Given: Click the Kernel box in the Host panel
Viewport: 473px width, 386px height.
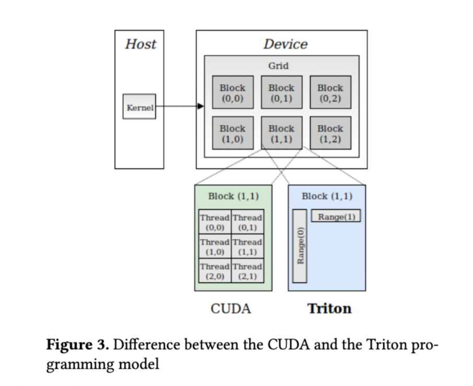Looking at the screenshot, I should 139,107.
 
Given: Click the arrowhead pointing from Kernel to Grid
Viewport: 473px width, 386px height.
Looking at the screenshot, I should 200,107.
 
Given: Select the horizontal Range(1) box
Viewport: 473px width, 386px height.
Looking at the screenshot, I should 336,215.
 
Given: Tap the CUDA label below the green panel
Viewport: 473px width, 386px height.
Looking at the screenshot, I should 231,309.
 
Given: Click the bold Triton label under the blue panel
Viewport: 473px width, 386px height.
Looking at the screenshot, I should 329,309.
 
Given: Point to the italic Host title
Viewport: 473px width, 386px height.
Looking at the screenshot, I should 140,44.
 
